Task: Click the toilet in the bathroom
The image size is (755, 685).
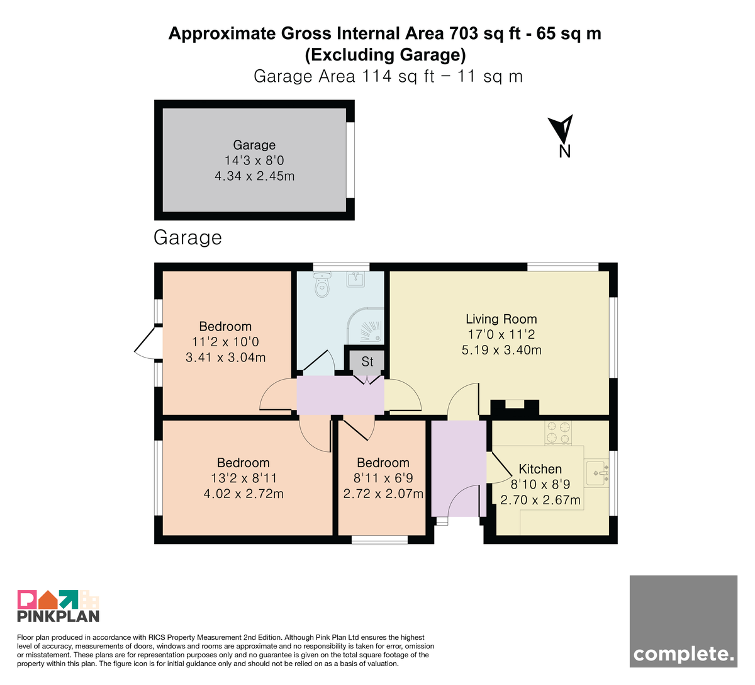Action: point(322,285)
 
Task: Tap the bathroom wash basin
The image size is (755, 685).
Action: point(355,279)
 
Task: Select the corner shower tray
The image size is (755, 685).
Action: point(366,326)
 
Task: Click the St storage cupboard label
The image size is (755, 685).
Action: point(367,362)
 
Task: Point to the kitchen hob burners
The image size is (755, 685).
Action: point(558,432)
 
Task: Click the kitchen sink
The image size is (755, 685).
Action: point(597,472)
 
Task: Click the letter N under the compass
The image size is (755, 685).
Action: point(564,152)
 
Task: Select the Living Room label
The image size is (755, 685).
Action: point(501,319)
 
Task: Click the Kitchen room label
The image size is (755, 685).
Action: point(540,469)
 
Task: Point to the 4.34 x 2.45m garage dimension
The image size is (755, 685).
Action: point(254,176)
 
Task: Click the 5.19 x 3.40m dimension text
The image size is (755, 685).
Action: point(501,350)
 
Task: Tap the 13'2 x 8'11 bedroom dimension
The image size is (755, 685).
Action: point(244,478)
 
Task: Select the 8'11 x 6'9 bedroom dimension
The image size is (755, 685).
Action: point(383,478)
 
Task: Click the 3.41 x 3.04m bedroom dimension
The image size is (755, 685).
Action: point(225,357)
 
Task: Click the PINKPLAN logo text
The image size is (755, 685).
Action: point(59,616)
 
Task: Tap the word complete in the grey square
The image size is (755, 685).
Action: point(683,654)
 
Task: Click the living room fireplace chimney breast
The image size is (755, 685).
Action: point(515,408)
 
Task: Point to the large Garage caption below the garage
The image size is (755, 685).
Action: point(187,238)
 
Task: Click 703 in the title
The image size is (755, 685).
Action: point(463,33)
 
